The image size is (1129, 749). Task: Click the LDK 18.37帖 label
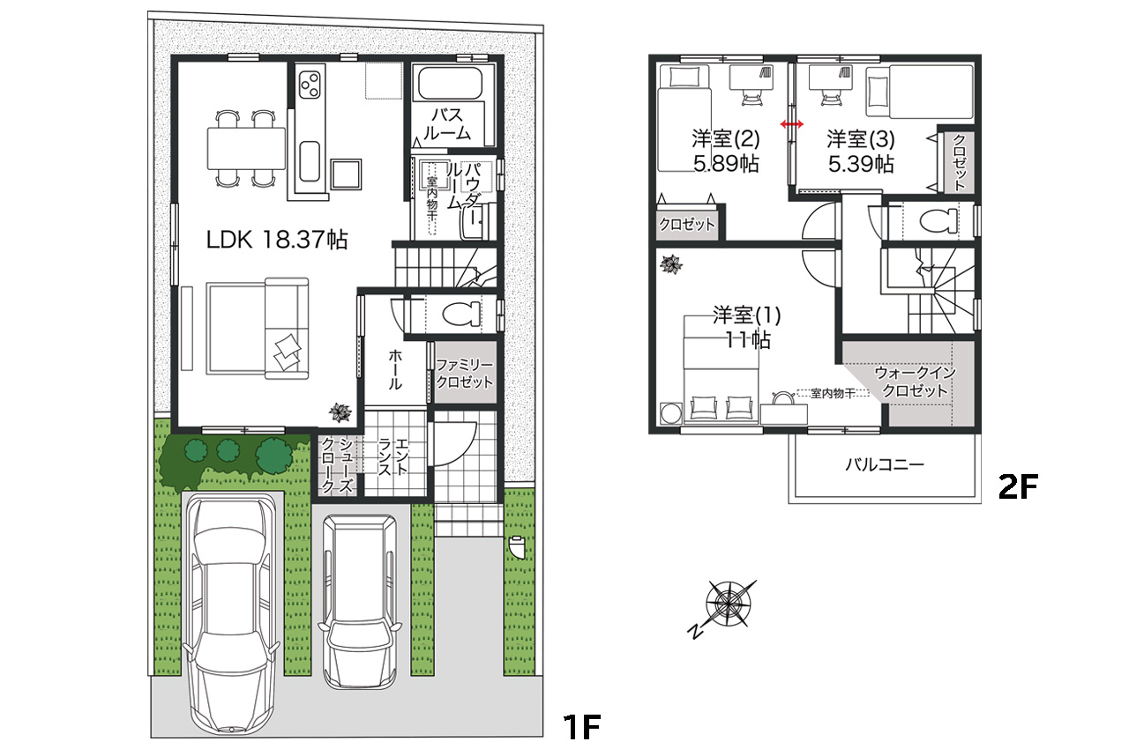click(277, 240)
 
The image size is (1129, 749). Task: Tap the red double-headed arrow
click(792, 124)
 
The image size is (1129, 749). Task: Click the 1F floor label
click(581, 727)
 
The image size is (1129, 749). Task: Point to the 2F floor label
click(1018, 487)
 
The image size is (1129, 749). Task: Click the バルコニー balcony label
click(885, 464)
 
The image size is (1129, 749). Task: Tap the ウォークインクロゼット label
click(916, 382)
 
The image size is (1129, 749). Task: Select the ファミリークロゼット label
click(464, 374)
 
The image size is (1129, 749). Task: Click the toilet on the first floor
click(461, 314)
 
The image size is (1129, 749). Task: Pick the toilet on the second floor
click(938, 221)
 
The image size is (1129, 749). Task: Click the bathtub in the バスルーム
click(450, 84)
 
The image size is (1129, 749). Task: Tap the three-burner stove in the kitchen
click(310, 85)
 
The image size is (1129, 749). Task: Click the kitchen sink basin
click(310, 161)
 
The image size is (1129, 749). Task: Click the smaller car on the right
click(360, 601)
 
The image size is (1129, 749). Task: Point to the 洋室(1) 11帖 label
click(747, 328)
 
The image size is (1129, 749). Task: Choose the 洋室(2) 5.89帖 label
click(726, 152)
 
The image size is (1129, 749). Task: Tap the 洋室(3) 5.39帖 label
click(861, 152)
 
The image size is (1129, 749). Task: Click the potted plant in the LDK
click(340, 412)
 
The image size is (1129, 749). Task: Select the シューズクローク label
click(337, 464)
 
